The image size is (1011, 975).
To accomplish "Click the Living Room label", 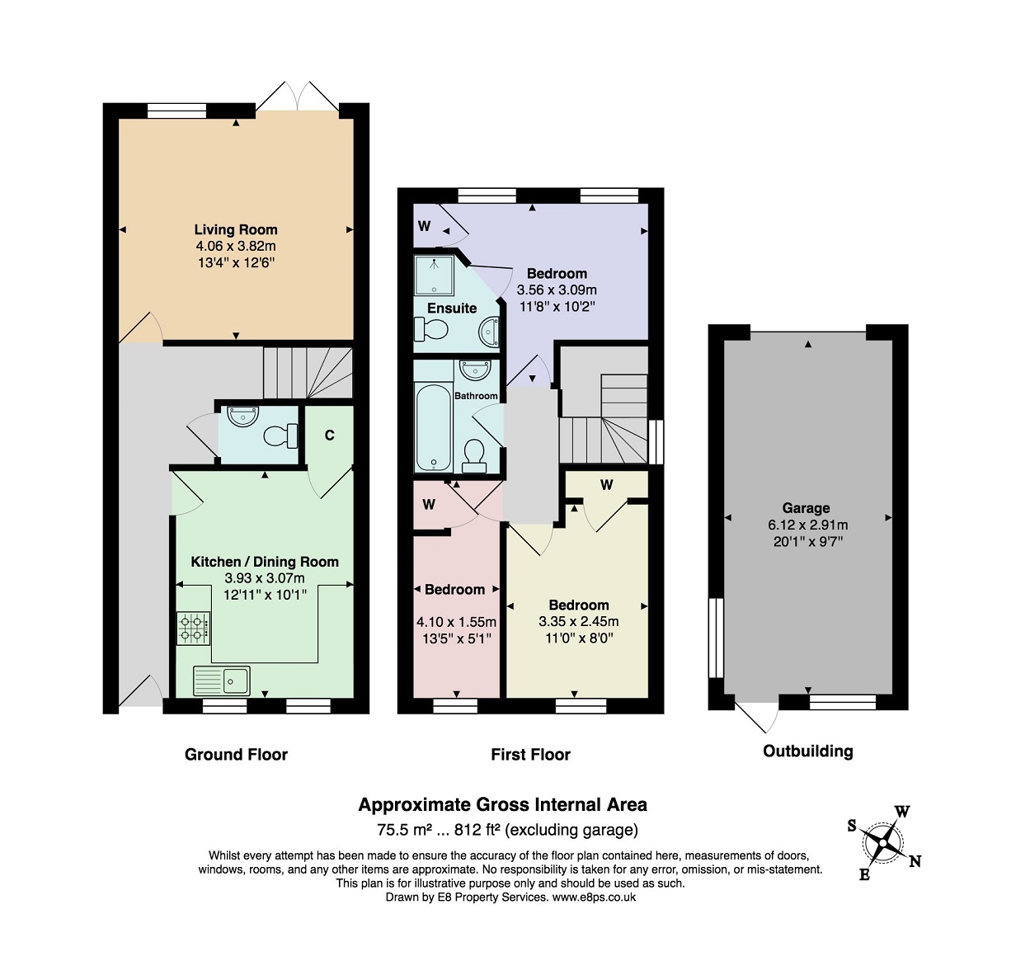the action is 236,229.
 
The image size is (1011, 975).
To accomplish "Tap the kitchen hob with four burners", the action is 193,629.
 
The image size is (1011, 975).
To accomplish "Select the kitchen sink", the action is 222,681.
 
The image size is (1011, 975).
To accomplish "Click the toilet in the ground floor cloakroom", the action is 281,436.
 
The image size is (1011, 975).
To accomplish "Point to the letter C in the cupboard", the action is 329,436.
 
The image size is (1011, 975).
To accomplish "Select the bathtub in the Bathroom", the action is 433,427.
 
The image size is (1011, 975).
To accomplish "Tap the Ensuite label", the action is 452,309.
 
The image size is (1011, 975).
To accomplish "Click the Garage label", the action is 806,508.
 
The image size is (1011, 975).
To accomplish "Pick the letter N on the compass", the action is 915,861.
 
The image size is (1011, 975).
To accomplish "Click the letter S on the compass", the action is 852,826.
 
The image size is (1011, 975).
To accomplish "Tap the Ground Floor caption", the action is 236,755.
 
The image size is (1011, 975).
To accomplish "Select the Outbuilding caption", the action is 808,751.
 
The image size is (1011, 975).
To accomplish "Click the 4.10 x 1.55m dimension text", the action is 457,622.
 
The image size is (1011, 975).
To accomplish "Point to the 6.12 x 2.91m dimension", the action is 808,525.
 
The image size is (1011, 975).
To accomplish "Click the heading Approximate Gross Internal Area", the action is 503,805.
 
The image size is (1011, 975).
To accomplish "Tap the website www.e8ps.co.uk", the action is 594,897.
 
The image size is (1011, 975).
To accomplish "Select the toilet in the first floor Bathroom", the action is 474,456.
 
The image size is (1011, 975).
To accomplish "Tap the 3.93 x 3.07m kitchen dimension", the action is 265,578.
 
